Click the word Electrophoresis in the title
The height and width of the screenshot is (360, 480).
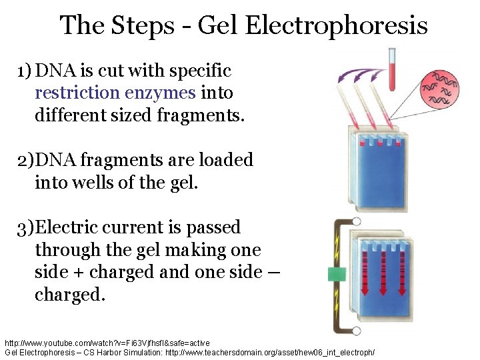(x=336, y=25)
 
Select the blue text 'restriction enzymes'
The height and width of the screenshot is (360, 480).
(x=115, y=93)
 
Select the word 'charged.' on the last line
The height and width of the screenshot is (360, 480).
(x=69, y=294)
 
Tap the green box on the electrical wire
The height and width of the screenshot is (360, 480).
(x=335, y=275)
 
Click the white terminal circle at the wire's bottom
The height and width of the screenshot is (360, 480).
(x=357, y=329)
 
